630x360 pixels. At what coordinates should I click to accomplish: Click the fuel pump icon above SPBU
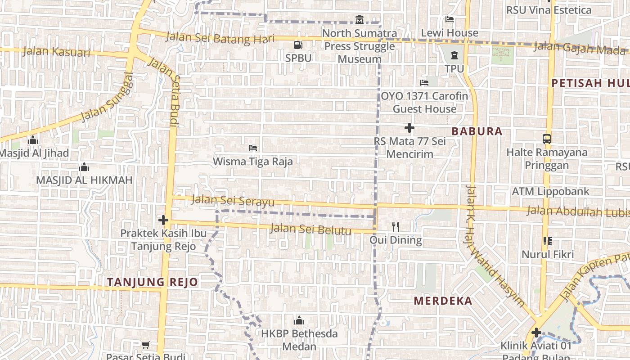tap(298, 45)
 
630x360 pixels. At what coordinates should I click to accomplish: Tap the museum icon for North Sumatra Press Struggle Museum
tap(360, 20)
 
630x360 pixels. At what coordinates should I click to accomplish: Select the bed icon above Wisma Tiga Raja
tap(253, 148)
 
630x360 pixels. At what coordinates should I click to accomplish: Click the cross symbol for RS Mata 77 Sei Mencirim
tap(409, 128)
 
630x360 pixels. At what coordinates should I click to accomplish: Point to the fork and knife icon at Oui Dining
tap(396, 226)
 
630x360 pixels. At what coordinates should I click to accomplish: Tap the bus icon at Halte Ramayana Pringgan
tap(547, 139)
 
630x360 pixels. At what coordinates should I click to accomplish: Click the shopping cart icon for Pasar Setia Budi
tap(145, 345)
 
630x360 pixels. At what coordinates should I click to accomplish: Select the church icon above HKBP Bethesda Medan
tap(299, 320)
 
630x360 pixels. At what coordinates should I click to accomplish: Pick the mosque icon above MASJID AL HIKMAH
tap(84, 167)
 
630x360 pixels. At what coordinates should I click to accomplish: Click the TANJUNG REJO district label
tap(153, 282)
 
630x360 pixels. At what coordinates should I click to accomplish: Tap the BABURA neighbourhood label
tap(477, 131)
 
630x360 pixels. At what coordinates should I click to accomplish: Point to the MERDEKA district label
tap(443, 301)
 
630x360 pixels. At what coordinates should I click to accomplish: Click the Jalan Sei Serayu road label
tap(233, 200)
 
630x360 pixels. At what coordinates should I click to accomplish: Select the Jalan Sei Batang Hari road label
tap(220, 37)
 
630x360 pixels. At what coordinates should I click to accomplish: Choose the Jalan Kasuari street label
tap(56, 51)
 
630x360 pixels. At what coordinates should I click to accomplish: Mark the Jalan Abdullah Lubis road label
tap(577, 211)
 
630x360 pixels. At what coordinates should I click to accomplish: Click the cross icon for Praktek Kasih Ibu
tap(163, 220)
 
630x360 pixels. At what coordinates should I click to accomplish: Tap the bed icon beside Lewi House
tap(449, 19)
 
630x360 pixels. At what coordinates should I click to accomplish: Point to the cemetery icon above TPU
tap(454, 55)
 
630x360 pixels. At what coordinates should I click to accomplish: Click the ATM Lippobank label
tap(550, 191)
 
